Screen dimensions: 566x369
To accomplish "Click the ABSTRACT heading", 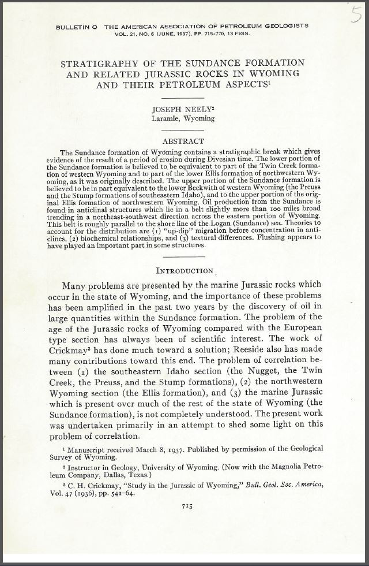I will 183,141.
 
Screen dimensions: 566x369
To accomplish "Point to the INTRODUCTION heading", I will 185,270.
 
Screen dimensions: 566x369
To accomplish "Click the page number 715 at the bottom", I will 186,505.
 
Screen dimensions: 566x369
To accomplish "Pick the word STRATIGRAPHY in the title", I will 101,63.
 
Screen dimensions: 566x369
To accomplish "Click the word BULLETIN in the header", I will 76,26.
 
